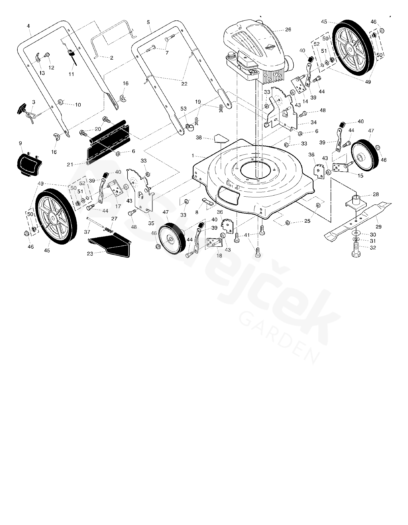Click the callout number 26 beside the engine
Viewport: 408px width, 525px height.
coord(288,30)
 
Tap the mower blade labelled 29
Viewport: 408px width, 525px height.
coord(358,222)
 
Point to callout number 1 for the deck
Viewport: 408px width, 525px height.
coord(193,156)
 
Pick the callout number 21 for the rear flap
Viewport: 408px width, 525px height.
coord(70,165)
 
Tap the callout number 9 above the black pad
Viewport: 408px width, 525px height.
coord(20,143)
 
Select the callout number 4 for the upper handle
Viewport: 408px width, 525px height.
coord(28,26)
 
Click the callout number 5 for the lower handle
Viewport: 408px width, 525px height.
coord(148,22)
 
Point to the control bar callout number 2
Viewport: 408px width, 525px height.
coord(112,58)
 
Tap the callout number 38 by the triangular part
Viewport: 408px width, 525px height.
coord(199,138)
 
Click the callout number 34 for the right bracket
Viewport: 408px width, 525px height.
coord(313,123)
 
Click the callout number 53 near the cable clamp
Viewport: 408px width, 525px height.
coord(183,109)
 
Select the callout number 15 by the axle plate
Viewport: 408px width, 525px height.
coord(360,176)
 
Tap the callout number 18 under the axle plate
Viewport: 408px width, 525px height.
coord(219,255)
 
